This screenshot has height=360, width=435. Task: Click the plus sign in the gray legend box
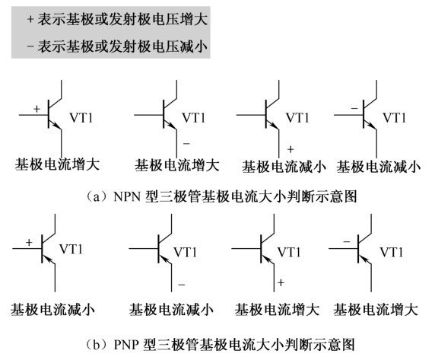click(x=30, y=20)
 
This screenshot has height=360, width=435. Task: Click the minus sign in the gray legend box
click(x=30, y=46)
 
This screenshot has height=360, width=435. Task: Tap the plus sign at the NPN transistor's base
click(x=37, y=109)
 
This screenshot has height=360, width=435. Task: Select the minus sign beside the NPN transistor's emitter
click(x=186, y=144)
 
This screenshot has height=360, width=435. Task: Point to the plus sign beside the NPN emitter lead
click(x=291, y=149)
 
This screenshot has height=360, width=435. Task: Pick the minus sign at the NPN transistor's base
click(x=354, y=108)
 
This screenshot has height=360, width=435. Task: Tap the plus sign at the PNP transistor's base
click(x=29, y=242)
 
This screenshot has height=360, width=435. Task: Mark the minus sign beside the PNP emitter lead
click(x=182, y=285)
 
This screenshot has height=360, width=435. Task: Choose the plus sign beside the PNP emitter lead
click(x=281, y=282)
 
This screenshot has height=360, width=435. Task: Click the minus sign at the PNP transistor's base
click(x=347, y=242)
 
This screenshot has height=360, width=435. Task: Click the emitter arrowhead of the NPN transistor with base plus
click(x=59, y=126)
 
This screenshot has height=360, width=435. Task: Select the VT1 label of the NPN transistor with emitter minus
click(x=194, y=118)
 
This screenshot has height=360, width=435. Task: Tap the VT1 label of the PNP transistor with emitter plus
click(x=289, y=252)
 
